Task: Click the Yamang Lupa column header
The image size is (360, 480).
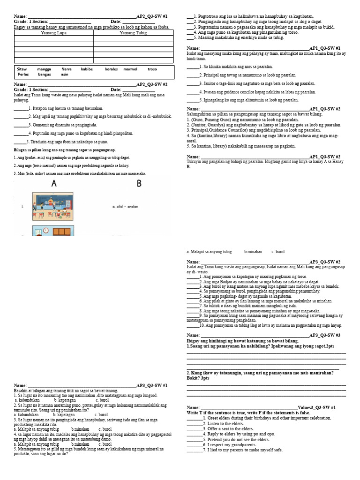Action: [54, 33]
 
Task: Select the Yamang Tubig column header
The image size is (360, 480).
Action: [133, 33]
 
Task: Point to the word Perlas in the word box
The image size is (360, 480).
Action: [23, 75]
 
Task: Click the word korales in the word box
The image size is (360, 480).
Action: [112, 69]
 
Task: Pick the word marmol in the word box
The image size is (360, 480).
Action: [130, 69]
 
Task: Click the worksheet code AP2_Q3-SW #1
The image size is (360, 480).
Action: [151, 16]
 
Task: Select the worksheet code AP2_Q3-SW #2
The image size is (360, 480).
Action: [151, 84]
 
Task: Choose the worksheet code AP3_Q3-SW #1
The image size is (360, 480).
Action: [151, 385]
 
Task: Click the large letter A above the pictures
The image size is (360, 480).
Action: [54, 184]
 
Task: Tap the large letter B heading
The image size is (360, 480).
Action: [139, 184]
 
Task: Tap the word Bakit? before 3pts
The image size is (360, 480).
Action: [194, 377]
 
